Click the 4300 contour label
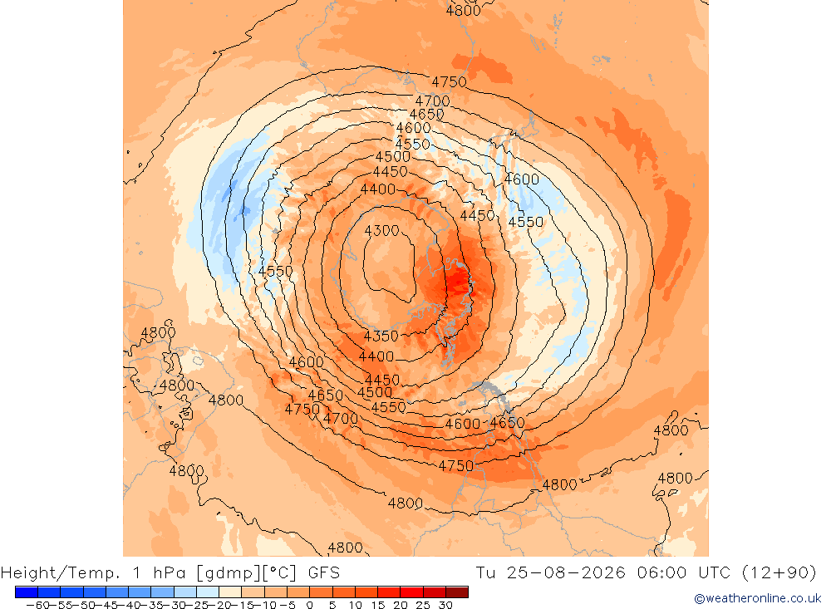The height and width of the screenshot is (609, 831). [x=381, y=231]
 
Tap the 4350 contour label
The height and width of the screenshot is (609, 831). [x=381, y=336]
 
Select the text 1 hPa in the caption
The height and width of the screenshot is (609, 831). [x=160, y=573]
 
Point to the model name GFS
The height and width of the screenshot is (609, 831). [x=324, y=573]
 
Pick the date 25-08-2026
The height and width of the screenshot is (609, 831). [x=566, y=573]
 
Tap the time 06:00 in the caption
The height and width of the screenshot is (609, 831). [x=661, y=573]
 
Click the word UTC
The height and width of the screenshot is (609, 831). [x=714, y=573]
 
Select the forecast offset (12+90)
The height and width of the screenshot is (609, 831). [x=779, y=573]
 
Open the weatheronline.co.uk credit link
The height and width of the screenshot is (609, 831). [x=757, y=598]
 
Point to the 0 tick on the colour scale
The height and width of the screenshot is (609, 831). [x=310, y=605]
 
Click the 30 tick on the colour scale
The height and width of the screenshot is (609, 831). [x=445, y=605]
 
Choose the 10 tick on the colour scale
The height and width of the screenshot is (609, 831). [x=355, y=605]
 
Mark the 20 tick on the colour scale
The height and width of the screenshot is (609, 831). [x=401, y=605]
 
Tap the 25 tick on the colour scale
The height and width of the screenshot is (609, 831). [x=423, y=605]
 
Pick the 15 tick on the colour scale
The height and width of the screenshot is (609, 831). [x=378, y=605]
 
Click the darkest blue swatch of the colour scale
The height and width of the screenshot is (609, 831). [x=27, y=592]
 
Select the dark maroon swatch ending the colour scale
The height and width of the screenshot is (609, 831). [x=457, y=592]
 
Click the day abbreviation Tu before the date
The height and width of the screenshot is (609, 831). [x=485, y=573]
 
